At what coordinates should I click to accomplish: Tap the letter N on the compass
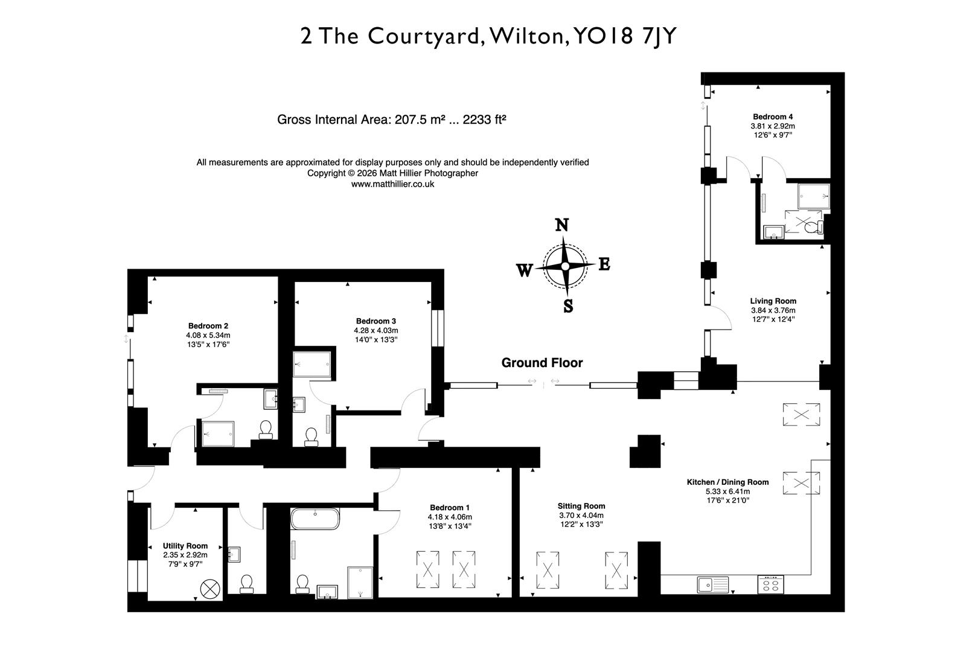coord(561,225)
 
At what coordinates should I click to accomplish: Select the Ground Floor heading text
coord(542,363)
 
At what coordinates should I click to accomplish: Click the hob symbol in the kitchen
coord(771,584)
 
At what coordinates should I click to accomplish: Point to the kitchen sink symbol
coord(712,584)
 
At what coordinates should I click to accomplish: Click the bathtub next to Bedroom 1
coord(315,518)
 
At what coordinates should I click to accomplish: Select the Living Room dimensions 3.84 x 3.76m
coord(773,310)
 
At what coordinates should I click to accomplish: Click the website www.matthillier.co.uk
coord(392,184)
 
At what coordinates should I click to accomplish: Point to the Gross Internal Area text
coord(391,120)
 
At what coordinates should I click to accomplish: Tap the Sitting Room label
coord(581,506)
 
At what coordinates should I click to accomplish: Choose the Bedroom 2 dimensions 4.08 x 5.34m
coord(208,335)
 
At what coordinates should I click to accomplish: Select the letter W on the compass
coord(524,270)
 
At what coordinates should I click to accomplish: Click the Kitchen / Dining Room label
coord(727,482)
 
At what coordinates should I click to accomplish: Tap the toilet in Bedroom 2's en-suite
coord(265,429)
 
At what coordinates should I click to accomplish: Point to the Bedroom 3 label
coord(376,321)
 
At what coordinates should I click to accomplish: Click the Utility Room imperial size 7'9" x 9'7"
coord(185,564)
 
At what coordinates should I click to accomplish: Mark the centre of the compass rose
coord(564,266)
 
